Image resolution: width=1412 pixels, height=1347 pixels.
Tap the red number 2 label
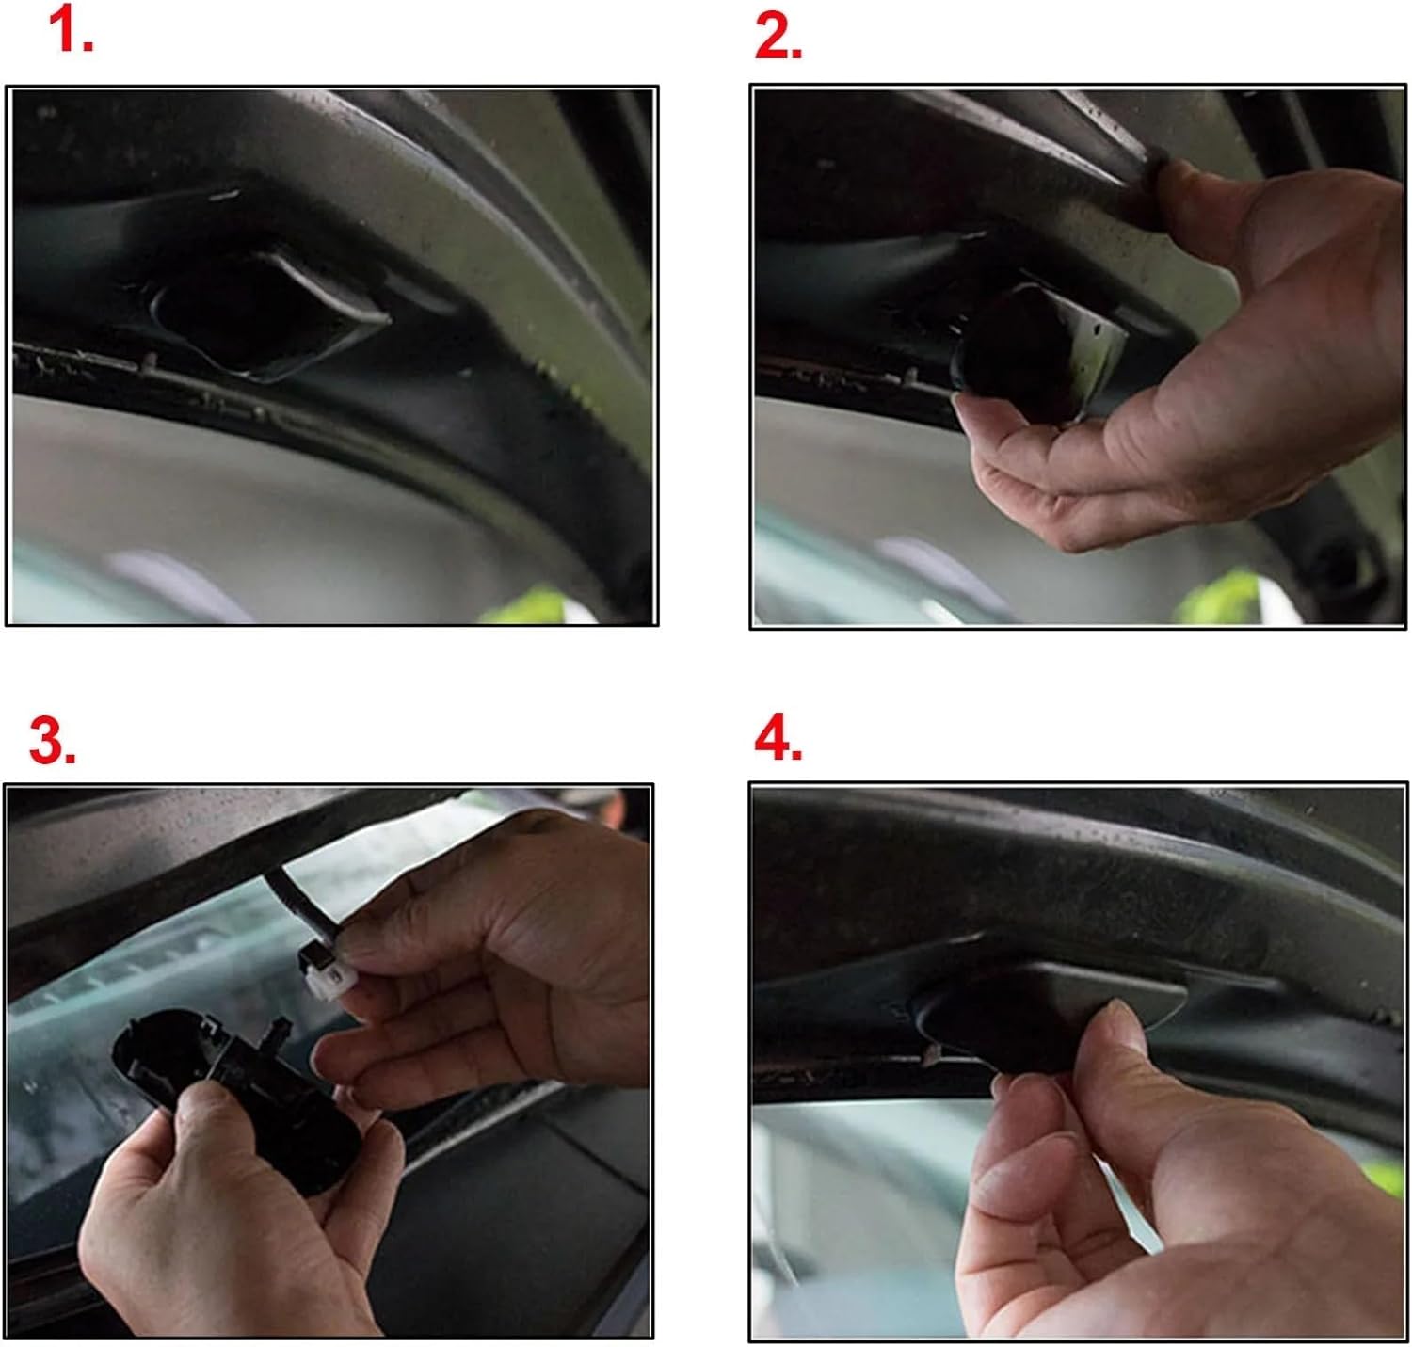(x=778, y=38)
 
